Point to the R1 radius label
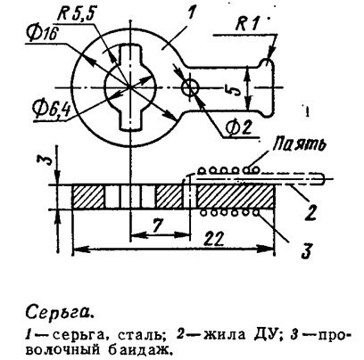point(246,26)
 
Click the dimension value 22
point(213,238)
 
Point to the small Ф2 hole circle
point(190,87)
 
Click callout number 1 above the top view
point(190,13)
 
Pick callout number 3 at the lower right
point(306,250)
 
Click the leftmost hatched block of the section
point(88,197)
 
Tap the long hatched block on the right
point(235,197)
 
